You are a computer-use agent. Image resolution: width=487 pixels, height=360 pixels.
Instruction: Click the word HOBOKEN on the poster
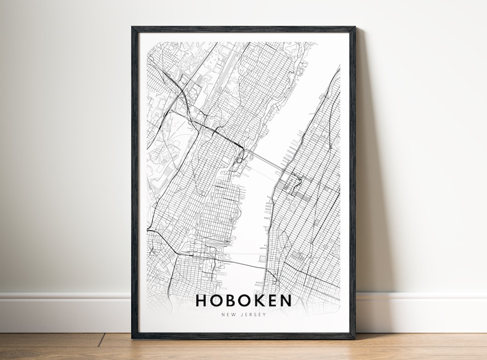(243, 301)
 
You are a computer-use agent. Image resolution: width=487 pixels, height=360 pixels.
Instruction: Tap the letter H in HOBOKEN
(201, 301)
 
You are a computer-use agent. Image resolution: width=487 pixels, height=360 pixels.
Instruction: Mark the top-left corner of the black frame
(133, 27)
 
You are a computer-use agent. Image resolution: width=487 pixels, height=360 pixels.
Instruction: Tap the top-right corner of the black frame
(354, 27)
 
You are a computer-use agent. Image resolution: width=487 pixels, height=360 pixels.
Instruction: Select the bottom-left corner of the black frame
(133, 338)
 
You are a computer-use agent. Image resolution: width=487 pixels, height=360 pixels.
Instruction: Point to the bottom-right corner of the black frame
(354, 338)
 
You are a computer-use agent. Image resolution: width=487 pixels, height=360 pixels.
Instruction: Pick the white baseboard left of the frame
(63, 311)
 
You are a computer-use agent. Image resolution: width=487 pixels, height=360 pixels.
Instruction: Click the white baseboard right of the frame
(419, 311)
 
